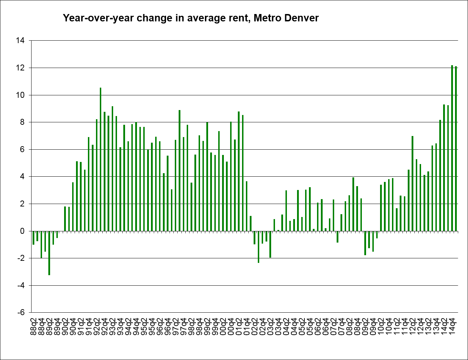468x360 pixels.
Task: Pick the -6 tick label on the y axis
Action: pos(21,313)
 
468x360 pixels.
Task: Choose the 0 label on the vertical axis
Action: pos(22,231)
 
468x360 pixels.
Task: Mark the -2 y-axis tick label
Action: pos(21,258)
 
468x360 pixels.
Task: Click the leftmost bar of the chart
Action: pos(33,238)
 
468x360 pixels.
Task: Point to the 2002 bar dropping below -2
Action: pos(259,247)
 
